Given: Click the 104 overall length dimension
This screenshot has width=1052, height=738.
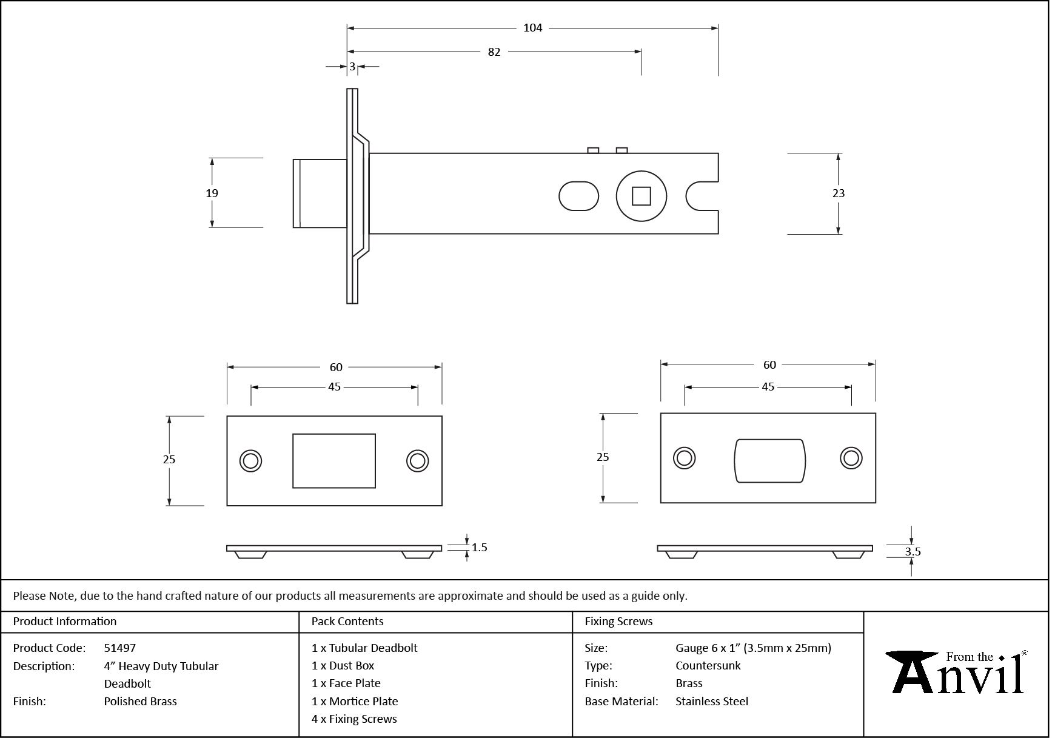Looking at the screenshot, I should click(532, 28).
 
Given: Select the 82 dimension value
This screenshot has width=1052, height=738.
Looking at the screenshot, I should click(494, 52).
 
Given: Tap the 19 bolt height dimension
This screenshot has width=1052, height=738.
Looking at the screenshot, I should click(212, 193).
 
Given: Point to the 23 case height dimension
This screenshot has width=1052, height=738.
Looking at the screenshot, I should click(838, 193).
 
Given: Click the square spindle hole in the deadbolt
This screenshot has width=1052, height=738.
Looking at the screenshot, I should click(641, 196).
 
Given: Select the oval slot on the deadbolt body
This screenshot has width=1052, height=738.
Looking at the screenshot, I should click(578, 196).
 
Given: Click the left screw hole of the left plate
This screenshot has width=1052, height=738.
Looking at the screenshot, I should click(250, 461).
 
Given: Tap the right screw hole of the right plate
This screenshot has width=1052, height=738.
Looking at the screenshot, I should click(851, 458).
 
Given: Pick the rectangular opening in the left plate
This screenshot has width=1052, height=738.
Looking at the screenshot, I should click(334, 461).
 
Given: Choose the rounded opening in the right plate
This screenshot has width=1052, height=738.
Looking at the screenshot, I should click(769, 461).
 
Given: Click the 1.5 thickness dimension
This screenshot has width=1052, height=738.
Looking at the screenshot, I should click(479, 548).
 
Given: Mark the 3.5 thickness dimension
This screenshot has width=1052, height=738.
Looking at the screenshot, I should click(913, 552).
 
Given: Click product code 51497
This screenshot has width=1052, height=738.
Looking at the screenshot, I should click(120, 648).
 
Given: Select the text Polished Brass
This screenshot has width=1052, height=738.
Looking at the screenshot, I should click(140, 702).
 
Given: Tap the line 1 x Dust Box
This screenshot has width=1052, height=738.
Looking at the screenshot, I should click(343, 666).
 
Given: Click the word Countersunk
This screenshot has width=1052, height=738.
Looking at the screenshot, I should click(708, 666).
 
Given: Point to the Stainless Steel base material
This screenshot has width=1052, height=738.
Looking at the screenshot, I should click(711, 702).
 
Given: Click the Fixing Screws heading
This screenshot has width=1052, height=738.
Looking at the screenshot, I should click(618, 622).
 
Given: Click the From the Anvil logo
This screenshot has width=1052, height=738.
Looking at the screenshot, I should click(956, 673).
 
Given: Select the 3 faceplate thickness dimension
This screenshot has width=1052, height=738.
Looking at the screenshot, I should click(352, 67).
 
